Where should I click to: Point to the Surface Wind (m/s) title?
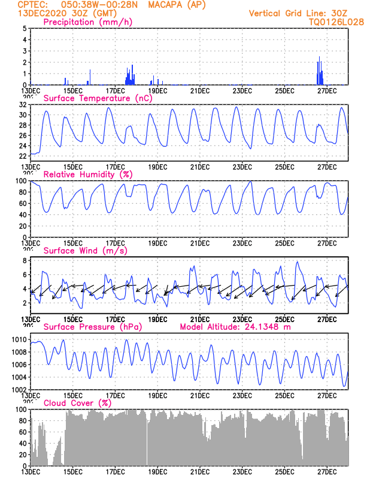tap(81, 250)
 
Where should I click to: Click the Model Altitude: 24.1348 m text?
tap(234, 327)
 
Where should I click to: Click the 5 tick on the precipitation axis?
tap(24, 28)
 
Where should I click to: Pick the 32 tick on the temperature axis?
tap(22, 104)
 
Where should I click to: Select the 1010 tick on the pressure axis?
tap(19, 339)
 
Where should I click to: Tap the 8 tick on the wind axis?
tap(24, 261)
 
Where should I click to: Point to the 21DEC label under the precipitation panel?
tap(199, 91)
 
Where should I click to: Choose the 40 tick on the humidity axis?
tap(22, 214)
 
